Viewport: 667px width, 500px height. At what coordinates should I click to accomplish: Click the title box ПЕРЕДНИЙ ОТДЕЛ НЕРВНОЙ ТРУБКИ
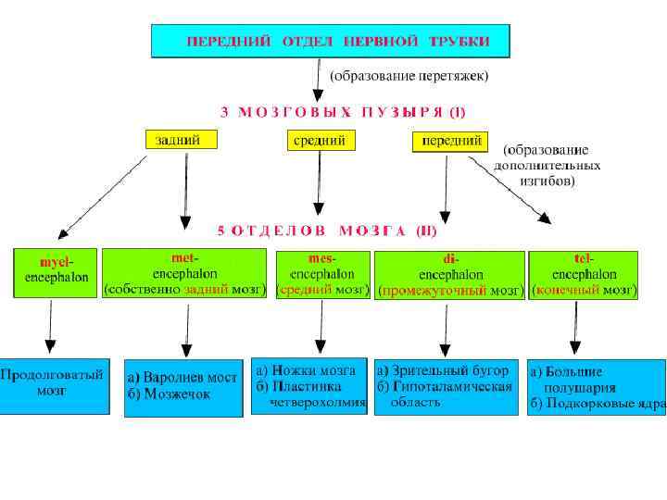pyautogui.click(x=333, y=41)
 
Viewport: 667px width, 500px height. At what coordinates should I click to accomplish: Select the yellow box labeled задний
pyautogui.click(x=182, y=141)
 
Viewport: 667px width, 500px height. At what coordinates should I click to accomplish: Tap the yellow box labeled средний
pyautogui.click(x=319, y=141)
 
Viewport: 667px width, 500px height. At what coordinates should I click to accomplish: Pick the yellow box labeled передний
pyautogui.click(x=449, y=141)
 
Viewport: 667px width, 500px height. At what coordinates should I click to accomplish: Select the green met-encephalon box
pyautogui.click(x=185, y=272)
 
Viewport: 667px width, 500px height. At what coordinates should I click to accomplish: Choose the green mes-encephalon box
pyautogui.click(x=321, y=272)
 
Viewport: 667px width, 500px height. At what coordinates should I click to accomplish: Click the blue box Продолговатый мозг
pyautogui.click(x=55, y=384)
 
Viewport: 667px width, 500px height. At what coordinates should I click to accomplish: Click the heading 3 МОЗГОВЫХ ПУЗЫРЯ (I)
pyautogui.click(x=343, y=112)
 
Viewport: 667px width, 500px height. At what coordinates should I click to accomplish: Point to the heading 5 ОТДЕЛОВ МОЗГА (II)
pyautogui.click(x=326, y=230)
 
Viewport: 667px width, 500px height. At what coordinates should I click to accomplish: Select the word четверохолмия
pyautogui.click(x=318, y=403)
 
